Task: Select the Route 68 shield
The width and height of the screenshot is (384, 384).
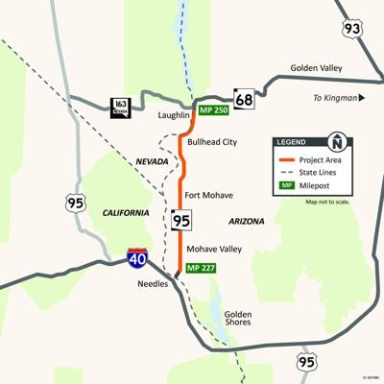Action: click(x=244, y=99)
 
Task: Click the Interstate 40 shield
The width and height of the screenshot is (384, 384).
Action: click(x=137, y=257)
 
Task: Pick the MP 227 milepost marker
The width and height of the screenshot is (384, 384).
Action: click(x=203, y=266)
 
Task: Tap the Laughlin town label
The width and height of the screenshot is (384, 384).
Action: click(x=174, y=115)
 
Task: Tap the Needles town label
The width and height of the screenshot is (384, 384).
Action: click(x=152, y=284)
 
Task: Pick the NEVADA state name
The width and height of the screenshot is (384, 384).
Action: click(x=152, y=161)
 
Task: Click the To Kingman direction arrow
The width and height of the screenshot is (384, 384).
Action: click(x=362, y=98)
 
